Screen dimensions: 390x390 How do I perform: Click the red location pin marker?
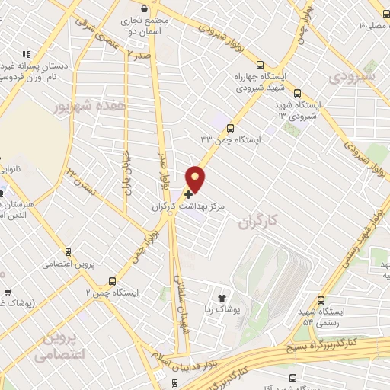(197, 179)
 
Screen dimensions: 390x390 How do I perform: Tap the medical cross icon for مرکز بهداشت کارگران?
(189, 194)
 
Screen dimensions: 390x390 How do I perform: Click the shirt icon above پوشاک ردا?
(222, 298)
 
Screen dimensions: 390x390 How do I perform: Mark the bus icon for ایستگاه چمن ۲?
(112, 280)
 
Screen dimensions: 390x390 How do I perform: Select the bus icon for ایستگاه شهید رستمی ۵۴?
(321, 300)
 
